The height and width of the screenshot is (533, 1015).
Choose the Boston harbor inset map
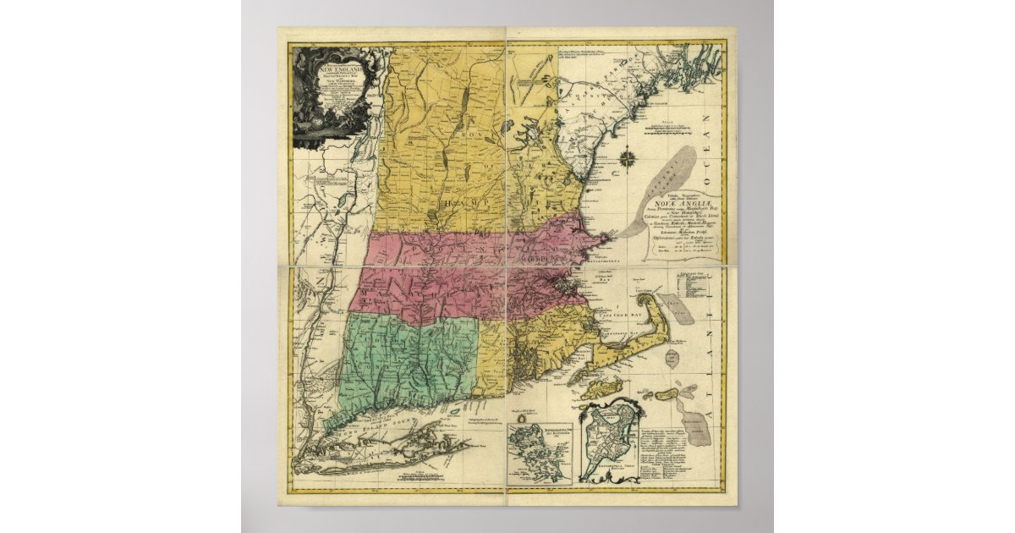(538, 451)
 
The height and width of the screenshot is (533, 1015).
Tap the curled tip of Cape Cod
(645, 296)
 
